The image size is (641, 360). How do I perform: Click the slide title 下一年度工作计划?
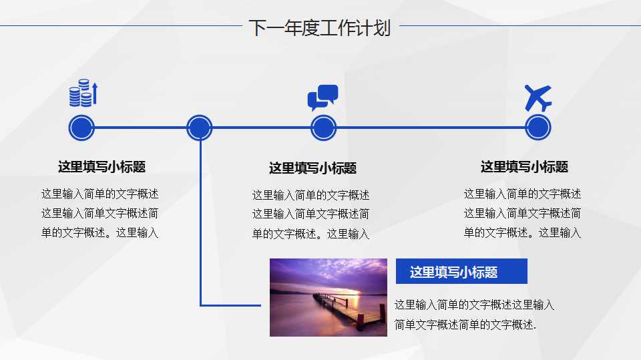(x=319, y=28)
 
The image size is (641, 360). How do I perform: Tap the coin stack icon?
(x=83, y=94)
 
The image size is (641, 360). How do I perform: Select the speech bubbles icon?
(x=323, y=98)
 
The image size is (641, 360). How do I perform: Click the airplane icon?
(x=538, y=98)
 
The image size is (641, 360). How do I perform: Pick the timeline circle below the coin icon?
(x=81, y=128)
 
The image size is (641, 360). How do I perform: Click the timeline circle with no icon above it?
(x=199, y=128)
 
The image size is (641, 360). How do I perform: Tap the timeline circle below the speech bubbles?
(x=323, y=128)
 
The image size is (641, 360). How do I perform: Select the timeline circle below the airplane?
(x=538, y=128)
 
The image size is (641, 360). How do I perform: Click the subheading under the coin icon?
(x=101, y=167)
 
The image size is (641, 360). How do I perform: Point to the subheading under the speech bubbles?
(x=312, y=168)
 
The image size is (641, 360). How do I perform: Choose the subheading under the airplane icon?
(x=524, y=167)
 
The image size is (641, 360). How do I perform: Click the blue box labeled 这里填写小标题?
(x=461, y=272)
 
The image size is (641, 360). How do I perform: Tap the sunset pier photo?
(x=328, y=297)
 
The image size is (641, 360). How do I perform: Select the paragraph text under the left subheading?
(x=100, y=214)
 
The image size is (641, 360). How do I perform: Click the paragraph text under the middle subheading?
(x=310, y=214)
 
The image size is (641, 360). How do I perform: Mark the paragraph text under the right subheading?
(x=522, y=213)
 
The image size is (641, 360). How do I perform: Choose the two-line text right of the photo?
(x=474, y=315)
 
